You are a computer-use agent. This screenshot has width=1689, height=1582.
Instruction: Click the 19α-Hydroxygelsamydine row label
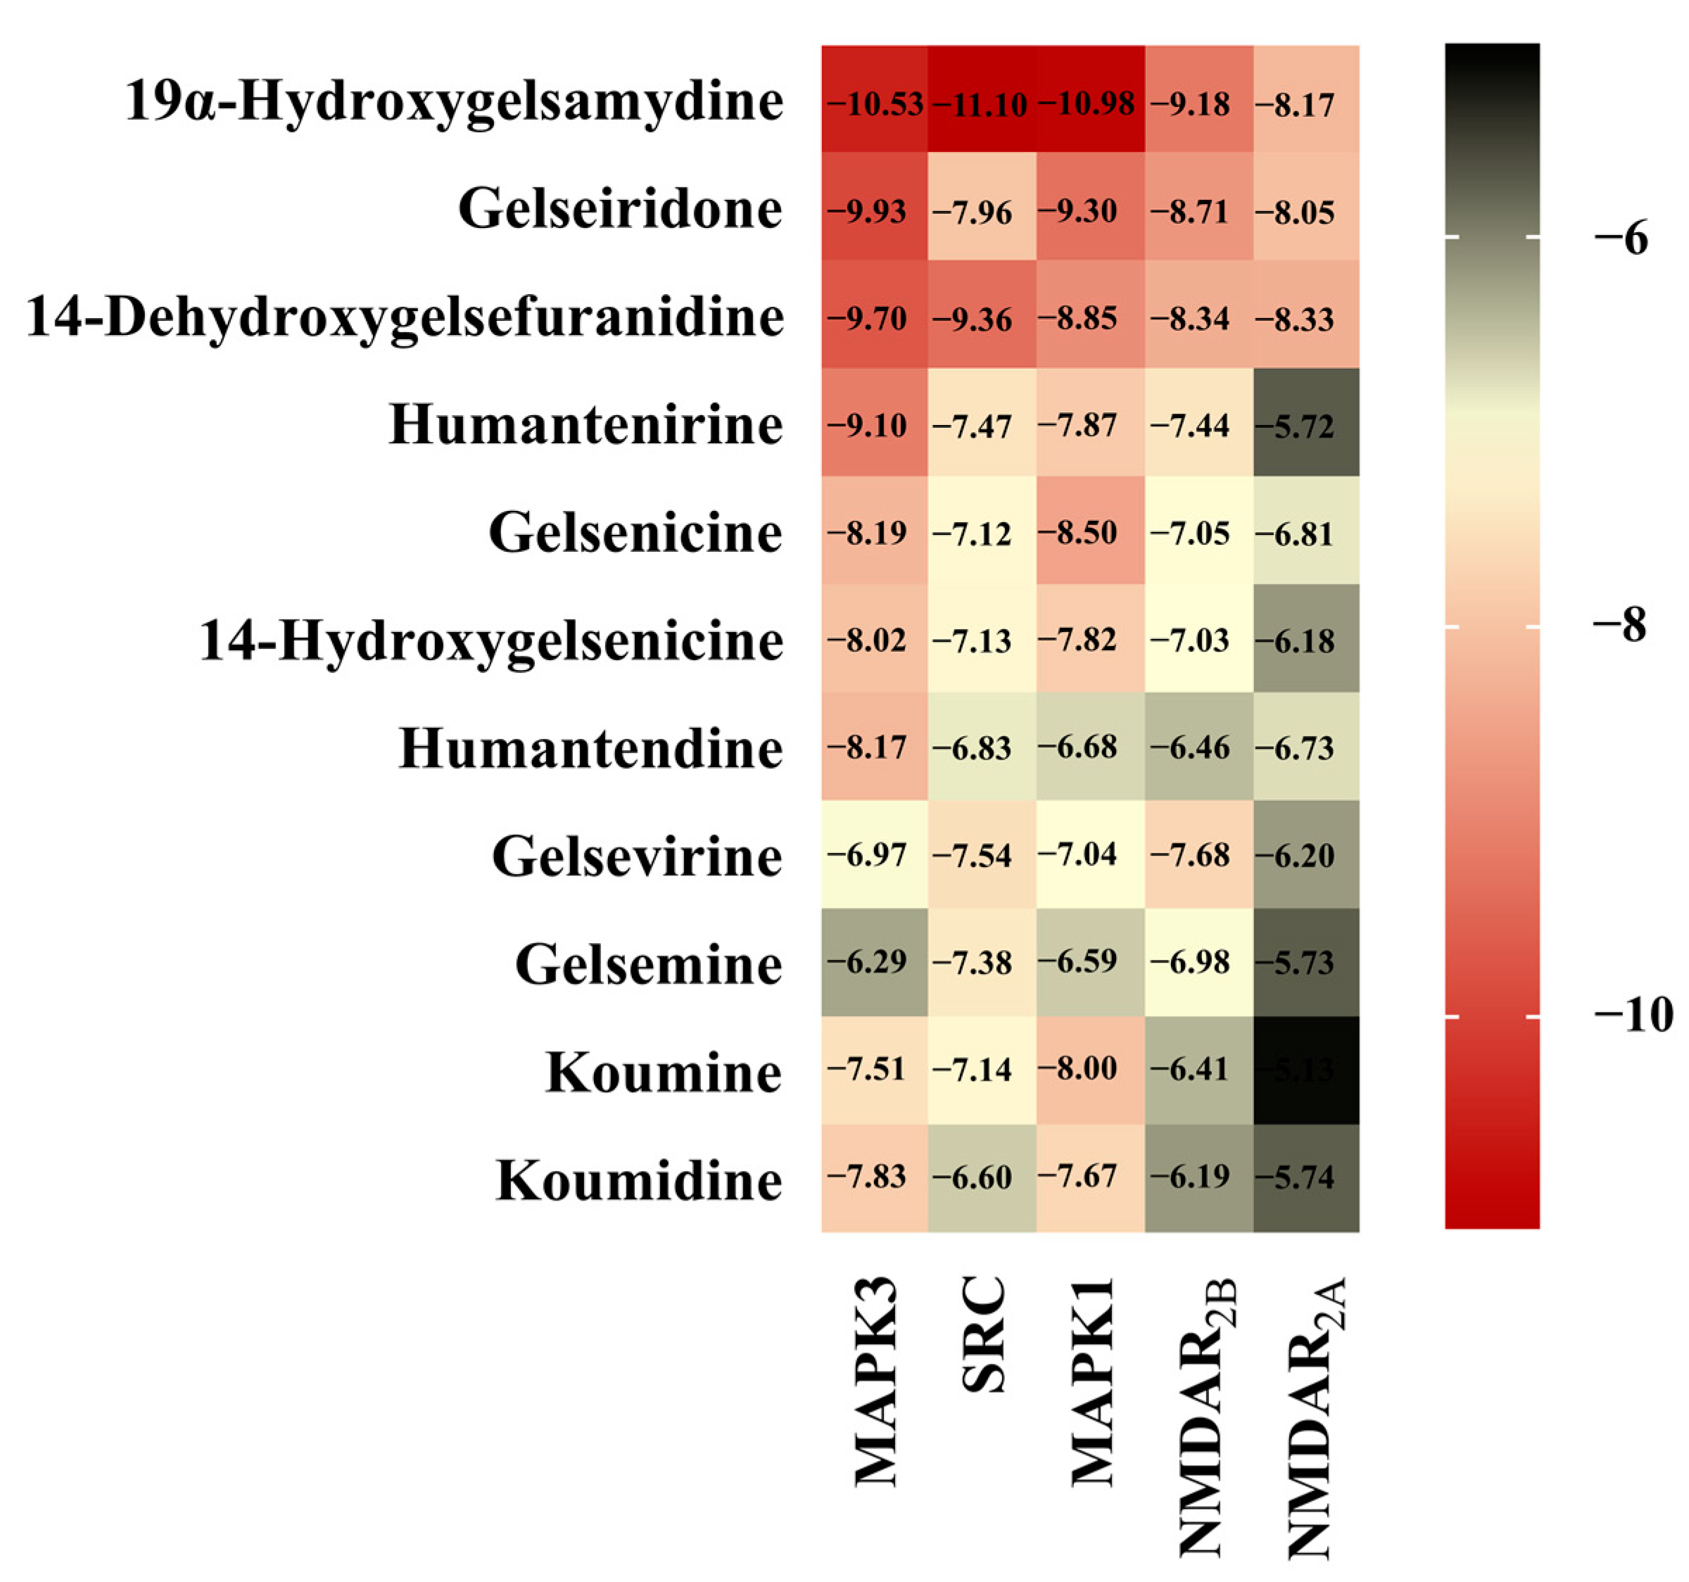point(454,102)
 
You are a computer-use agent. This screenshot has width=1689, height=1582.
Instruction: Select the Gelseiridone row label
point(619,209)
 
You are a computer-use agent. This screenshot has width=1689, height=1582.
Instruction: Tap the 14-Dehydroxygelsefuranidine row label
point(405,317)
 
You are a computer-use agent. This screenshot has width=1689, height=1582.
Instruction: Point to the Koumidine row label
point(638,1180)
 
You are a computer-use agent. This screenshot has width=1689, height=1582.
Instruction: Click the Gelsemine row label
point(647,964)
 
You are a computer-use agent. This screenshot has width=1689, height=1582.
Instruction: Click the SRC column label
point(984,1334)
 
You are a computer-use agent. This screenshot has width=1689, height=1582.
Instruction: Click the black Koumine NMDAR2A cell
point(1306,1070)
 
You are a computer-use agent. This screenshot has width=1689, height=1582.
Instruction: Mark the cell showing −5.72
point(1306,422)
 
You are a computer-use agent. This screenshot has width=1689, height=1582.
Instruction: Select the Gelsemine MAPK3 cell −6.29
point(874,962)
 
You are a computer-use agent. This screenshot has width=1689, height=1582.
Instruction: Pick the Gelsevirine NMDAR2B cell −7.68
point(1198,854)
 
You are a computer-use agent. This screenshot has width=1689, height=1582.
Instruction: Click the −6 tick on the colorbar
point(1619,239)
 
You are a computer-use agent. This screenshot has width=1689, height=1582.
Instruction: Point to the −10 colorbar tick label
point(1632,1015)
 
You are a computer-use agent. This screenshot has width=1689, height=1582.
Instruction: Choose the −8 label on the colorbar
point(1619,626)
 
